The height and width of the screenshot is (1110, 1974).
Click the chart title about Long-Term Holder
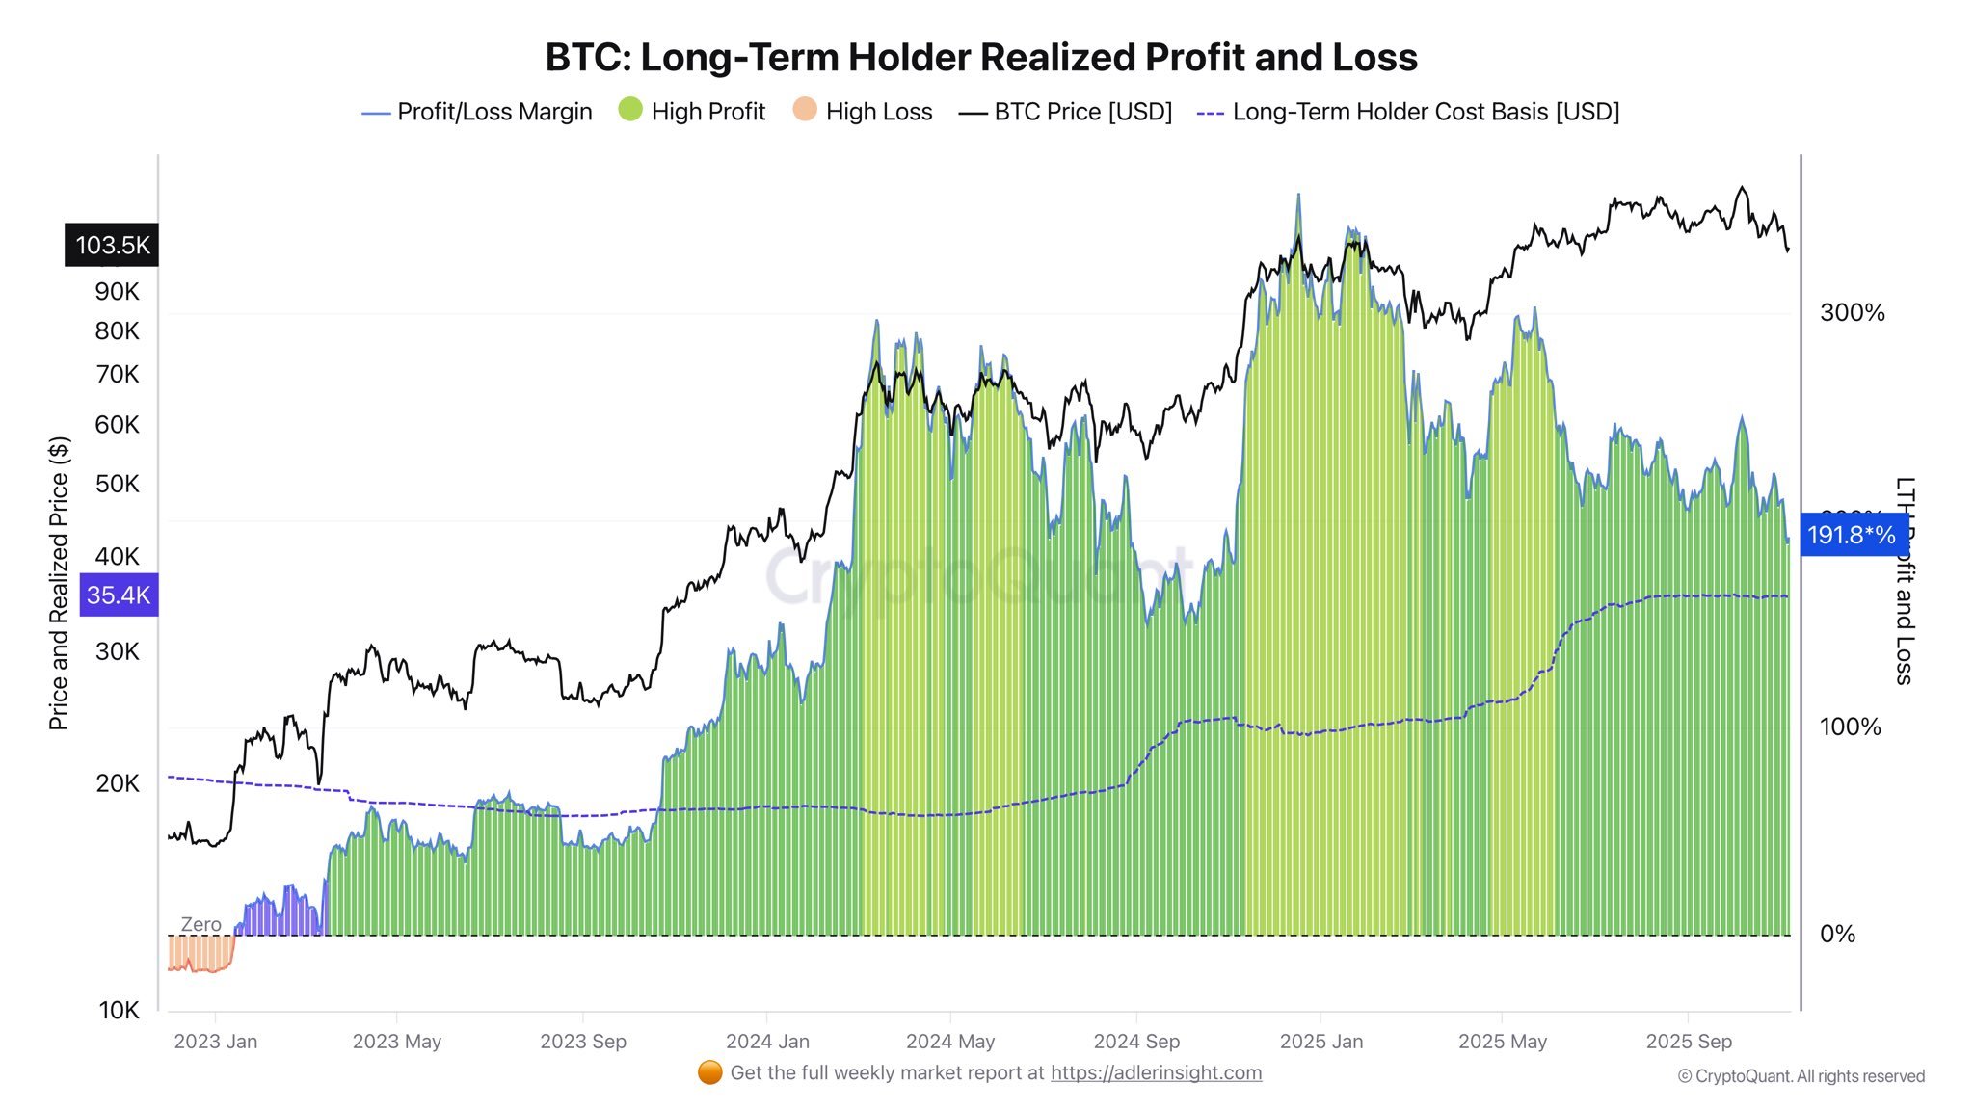click(981, 58)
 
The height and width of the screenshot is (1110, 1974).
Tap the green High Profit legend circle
click(630, 110)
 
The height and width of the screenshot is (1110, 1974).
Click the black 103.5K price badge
click(113, 245)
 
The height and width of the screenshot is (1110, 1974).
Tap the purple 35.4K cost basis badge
click(119, 595)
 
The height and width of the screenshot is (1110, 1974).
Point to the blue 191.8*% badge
click(1852, 535)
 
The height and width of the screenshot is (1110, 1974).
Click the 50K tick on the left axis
click(118, 484)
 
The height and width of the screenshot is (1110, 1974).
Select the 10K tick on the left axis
click(119, 1010)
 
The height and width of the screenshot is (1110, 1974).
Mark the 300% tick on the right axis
click(1852, 312)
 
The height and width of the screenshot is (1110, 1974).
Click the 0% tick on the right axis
click(1837, 934)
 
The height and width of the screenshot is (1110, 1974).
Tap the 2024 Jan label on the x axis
click(767, 1042)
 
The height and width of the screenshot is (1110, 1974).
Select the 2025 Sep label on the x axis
click(1688, 1042)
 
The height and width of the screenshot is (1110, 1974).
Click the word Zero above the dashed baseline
click(200, 924)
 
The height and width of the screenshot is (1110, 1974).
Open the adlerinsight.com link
click(1156, 1073)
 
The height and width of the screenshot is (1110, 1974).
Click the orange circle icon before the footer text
click(710, 1072)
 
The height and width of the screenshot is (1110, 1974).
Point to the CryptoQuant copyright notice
click(1801, 1076)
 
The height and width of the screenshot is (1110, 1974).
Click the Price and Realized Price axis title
click(59, 583)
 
